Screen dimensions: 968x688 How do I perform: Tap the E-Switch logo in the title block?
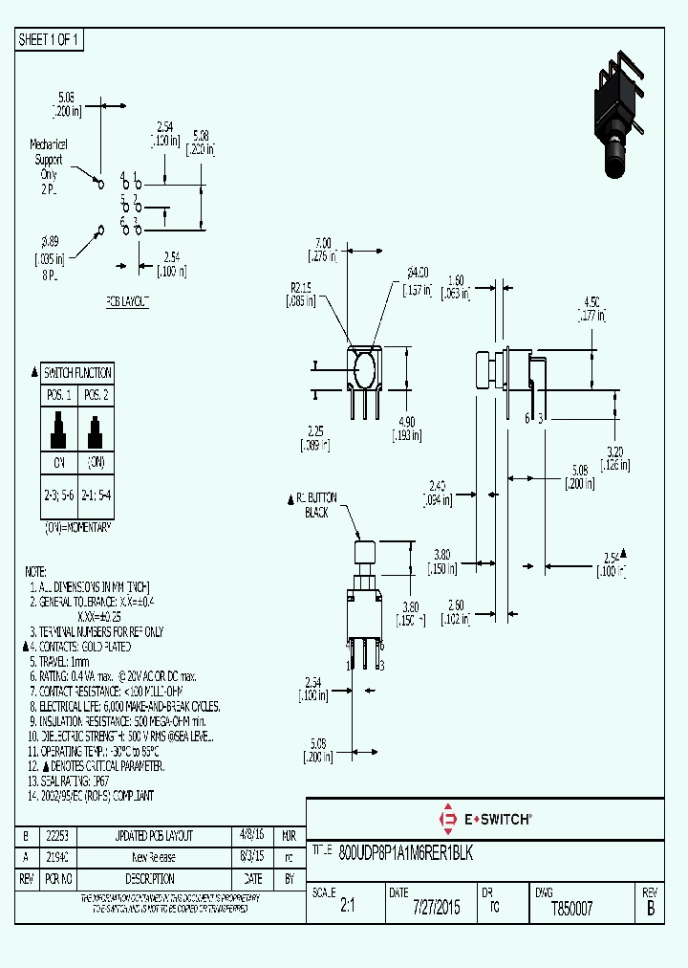coord(484,819)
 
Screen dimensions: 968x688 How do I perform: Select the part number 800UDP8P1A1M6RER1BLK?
coord(406,851)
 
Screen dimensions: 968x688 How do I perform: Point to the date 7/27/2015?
coord(436,908)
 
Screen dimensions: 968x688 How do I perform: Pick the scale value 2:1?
coord(347,908)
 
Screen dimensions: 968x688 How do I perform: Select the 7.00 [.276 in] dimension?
coord(321,249)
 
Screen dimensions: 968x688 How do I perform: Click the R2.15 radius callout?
coord(302,294)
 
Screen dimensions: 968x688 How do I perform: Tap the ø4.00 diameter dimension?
coord(417,278)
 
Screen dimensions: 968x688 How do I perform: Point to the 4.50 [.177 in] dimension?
coord(592,311)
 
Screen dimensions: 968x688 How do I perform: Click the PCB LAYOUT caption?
coord(127,301)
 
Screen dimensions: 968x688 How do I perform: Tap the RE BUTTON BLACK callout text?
coord(315,506)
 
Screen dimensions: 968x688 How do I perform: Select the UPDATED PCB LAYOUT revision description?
coord(154,834)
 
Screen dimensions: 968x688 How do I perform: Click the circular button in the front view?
coord(364,369)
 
